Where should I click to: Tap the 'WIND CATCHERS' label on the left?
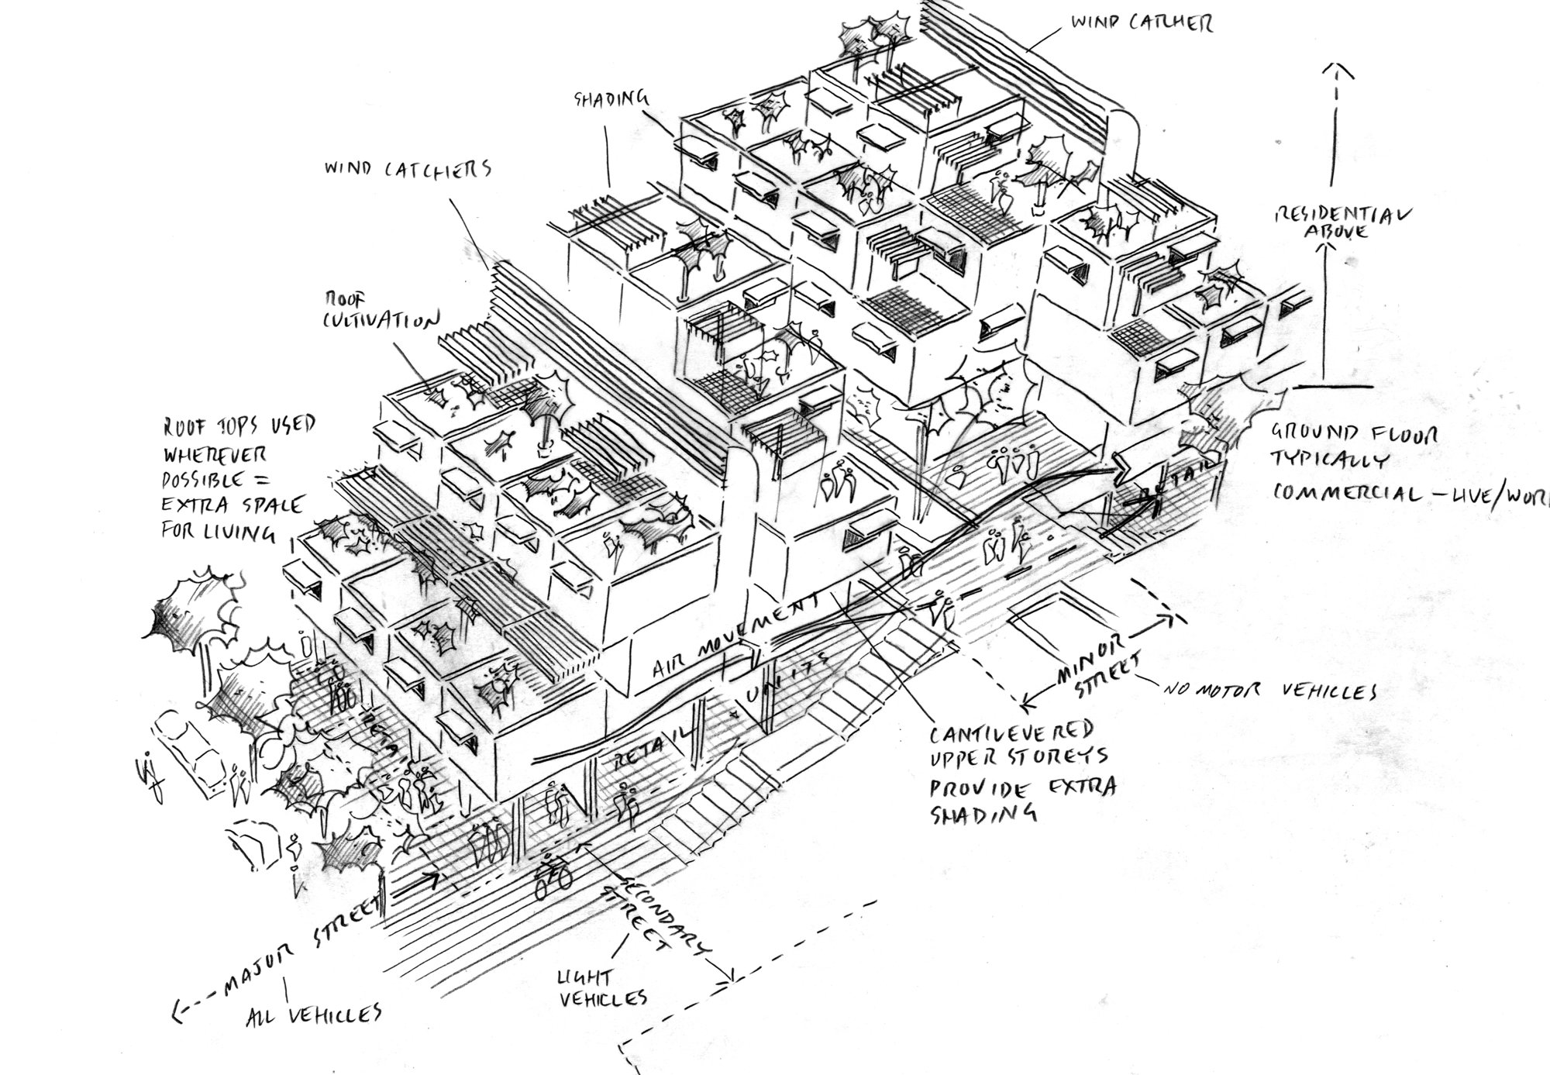(x=408, y=168)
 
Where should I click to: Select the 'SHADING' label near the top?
(x=611, y=98)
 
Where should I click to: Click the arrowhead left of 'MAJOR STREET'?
(x=179, y=1009)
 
